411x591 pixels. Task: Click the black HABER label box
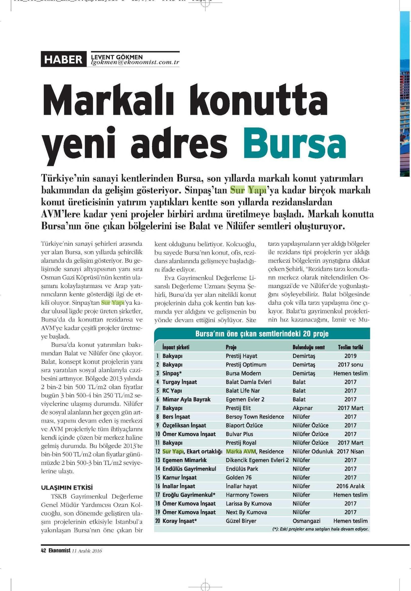[x=63, y=59]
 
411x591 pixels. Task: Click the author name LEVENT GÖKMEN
[x=117, y=57]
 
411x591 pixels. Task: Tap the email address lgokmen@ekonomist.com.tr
[x=135, y=62]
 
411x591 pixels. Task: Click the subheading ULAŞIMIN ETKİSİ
[x=67, y=487]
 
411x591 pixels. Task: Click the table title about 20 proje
[x=262, y=334]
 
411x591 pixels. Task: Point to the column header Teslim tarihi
[x=350, y=347]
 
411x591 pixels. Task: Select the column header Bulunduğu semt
[x=309, y=347]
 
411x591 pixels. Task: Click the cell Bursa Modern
[x=243, y=373]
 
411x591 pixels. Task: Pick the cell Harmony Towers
[x=247, y=494]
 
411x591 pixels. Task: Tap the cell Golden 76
[x=238, y=477]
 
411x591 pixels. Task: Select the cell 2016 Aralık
[x=350, y=486]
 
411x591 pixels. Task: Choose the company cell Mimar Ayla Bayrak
[x=186, y=399]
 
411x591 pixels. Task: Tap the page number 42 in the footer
[x=43, y=551]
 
